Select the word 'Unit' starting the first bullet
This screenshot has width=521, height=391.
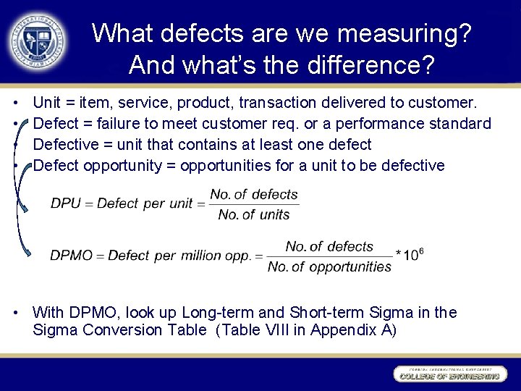click(47, 103)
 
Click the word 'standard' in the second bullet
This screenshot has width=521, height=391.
click(457, 124)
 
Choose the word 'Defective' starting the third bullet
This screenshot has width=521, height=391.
click(64, 145)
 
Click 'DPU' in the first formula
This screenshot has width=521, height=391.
click(66, 203)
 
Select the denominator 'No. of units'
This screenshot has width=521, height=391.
click(253, 214)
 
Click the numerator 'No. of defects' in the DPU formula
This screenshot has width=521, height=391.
click(253, 194)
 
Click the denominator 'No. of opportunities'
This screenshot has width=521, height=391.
click(329, 267)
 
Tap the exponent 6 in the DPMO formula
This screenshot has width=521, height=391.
click(421, 250)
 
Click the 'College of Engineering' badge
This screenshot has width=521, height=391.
click(449, 374)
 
